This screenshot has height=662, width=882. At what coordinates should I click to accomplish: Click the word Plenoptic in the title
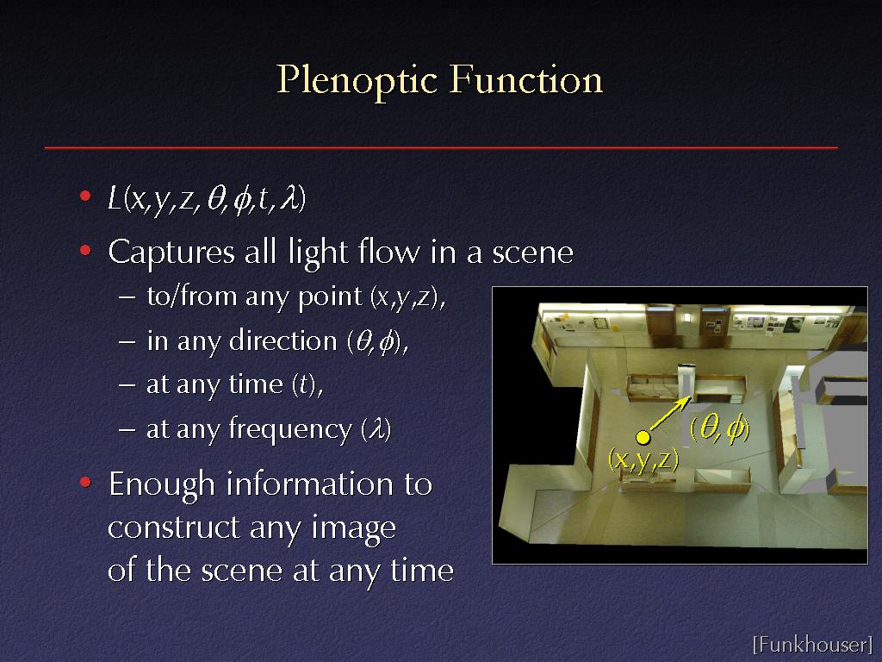(x=357, y=81)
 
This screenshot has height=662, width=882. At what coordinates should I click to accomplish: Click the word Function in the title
(x=526, y=79)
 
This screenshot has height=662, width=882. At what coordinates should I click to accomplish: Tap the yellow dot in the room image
(x=643, y=437)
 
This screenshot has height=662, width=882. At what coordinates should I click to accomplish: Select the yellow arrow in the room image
(x=670, y=414)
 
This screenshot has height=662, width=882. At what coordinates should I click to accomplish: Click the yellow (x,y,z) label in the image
(x=643, y=459)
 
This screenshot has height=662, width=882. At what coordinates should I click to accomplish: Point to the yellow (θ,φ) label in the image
(x=719, y=429)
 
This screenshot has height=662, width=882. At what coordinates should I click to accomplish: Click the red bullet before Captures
(x=85, y=250)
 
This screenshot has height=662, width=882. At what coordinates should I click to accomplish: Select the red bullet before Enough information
(x=85, y=482)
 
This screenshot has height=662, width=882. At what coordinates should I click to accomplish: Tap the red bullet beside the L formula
(x=85, y=196)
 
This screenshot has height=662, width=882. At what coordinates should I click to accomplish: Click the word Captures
(x=171, y=253)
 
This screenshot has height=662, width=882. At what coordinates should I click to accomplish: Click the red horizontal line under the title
(x=441, y=148)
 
